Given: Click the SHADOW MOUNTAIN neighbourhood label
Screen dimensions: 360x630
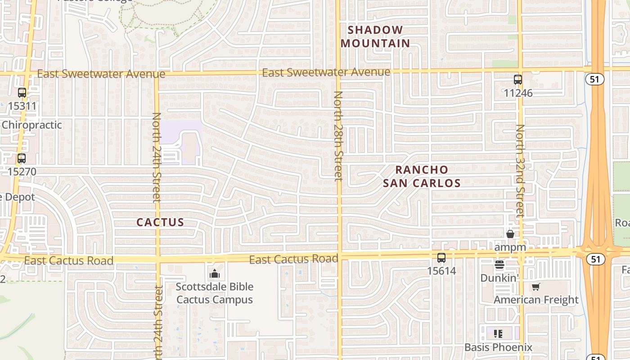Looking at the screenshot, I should [375, 36].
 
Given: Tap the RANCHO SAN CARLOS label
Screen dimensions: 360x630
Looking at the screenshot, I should [422, 176].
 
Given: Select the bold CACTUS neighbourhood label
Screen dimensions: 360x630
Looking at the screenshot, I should [160, 222].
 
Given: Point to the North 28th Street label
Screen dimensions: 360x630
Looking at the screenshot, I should [338, 135].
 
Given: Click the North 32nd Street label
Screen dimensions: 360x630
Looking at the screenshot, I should [520, 171].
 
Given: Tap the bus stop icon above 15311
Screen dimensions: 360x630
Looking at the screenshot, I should [22, 93].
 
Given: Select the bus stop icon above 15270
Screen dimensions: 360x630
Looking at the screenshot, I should [21, 158].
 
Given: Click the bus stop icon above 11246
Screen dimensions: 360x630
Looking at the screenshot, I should [518, 80].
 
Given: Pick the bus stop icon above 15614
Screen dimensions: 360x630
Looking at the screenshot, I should [441, 258].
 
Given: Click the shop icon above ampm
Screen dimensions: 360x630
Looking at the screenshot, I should [510, 234].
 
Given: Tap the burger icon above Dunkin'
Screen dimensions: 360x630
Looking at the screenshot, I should [499, 265].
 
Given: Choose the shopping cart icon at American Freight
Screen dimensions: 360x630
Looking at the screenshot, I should [535, 287].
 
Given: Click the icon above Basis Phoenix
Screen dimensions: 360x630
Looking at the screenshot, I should [498, 333].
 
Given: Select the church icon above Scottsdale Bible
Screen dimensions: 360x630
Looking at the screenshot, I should [215, 273].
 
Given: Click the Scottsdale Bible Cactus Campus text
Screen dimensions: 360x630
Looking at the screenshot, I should [215, 293].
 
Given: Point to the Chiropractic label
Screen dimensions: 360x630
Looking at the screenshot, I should [31, 125].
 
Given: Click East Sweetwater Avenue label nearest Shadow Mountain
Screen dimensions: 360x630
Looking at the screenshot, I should [326, 72].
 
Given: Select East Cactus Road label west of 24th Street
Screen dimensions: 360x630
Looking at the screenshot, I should [68, 261].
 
